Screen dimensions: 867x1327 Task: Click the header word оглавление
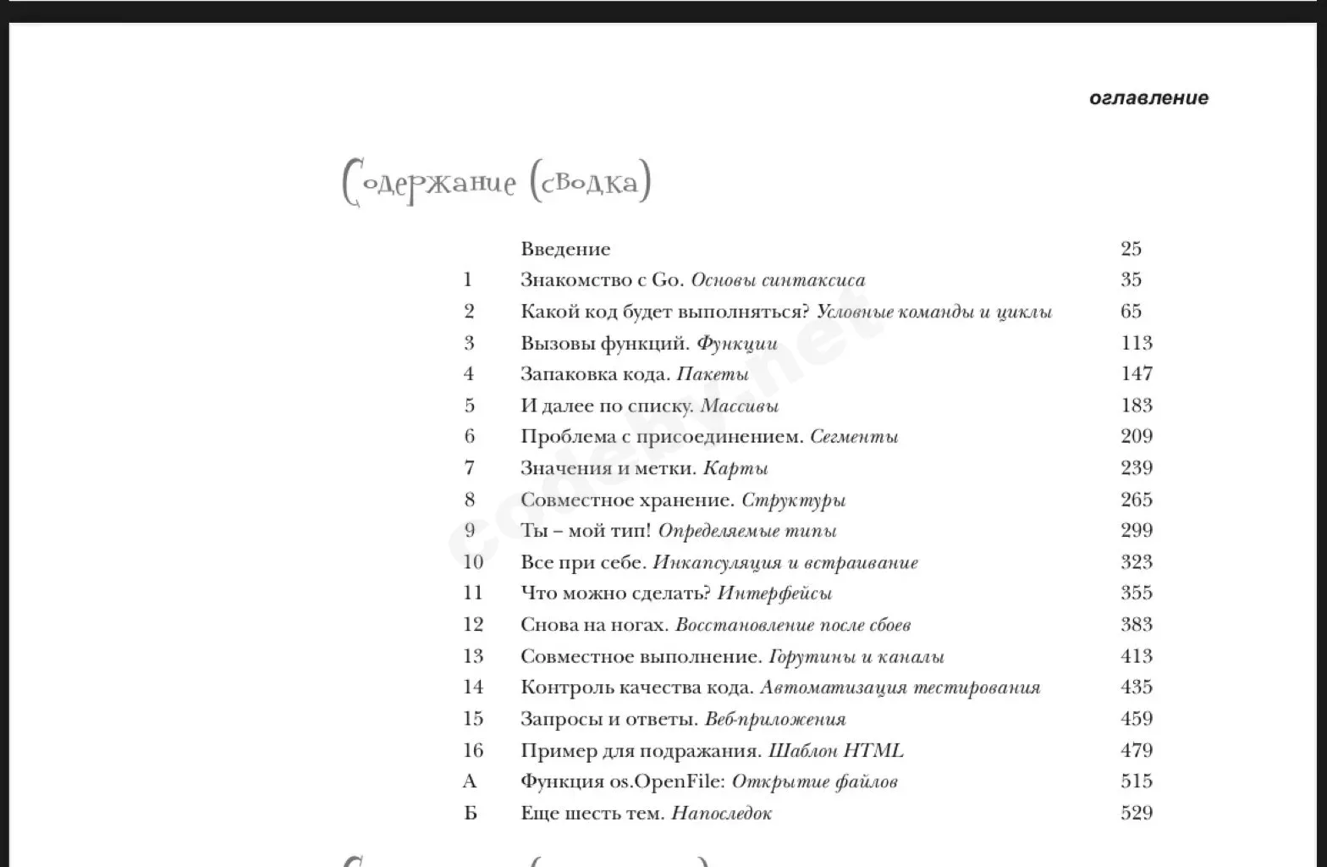[x=1148, y=98]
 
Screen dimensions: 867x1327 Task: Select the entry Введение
[x=565, y=249]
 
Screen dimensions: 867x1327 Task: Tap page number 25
[x=1131, y=249]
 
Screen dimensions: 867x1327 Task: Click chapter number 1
[x=467, y=280]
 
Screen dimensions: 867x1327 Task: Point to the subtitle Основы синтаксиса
[x=778, y=280]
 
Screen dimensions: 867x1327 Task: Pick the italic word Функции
[x=736, y=344]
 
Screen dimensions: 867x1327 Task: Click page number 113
[x=1136, y=343]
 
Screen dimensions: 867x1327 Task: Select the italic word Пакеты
[x=713, y=374]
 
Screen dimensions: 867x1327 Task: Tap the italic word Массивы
[x=739, y=406]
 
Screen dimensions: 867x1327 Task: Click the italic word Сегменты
[x=854, y=437]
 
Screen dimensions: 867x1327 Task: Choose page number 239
[x=1136, y=468]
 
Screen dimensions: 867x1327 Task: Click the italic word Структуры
[x=793, y=500]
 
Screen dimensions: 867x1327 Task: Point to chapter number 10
[x=473, y=562]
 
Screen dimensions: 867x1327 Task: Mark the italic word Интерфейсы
[x=774, y=594]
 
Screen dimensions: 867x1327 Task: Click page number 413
[x=1136, y=656]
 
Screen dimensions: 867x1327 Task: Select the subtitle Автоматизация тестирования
[x=900, y=688]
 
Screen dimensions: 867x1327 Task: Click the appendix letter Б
[x=471, y=814]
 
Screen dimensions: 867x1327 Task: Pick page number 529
[x=1136, y=813]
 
